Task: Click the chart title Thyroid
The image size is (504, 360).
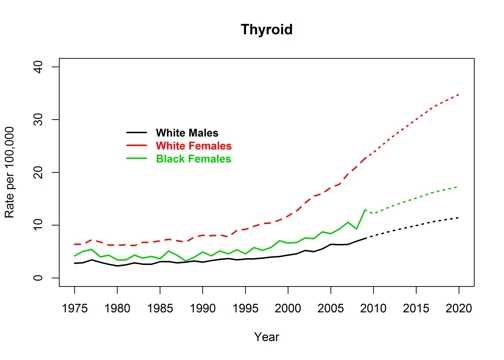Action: (x=267, y=31)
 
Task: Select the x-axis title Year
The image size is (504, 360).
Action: (x=267, y=337)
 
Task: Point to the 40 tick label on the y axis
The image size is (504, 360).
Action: (x=38, y=66)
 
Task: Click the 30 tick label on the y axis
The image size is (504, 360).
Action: (x=38, y=119)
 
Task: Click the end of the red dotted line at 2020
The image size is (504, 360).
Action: (x=459, y=94)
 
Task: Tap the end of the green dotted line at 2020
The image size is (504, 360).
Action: (x=459, y=187)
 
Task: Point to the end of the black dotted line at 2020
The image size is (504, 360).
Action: (x=459, y=217)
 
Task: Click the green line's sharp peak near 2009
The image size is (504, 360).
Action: (x=365, y=210)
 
